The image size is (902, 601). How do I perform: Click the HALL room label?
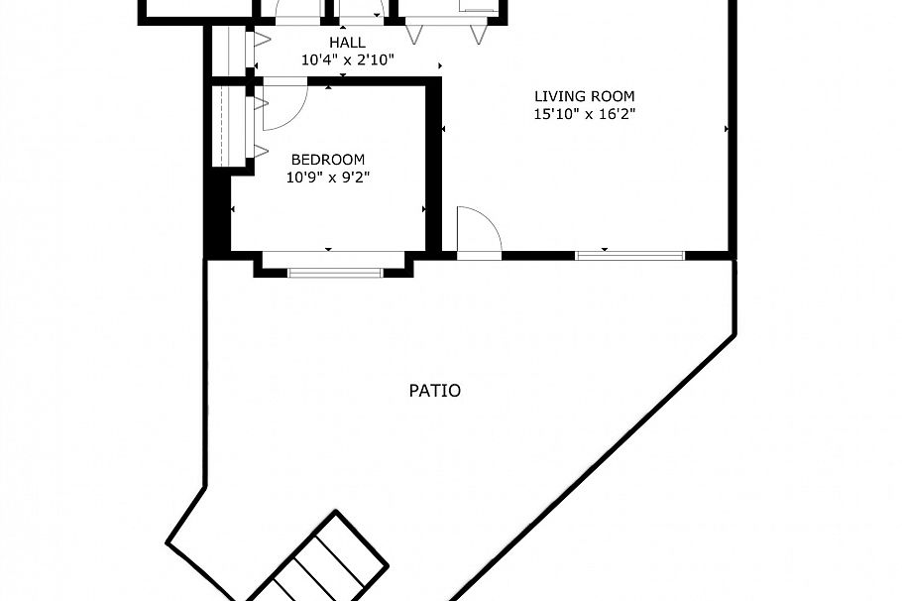coord(348,43)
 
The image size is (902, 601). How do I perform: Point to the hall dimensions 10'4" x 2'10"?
coord(348,60)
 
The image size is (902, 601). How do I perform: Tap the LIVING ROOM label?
coord(584,96)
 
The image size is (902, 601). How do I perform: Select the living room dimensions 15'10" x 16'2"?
coord(584,114)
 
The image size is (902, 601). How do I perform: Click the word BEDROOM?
coord(327,160)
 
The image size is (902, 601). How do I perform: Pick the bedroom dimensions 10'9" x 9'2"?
coord(327,178)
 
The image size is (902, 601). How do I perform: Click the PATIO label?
coord(434,391)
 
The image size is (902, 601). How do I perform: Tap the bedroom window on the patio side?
coord(334,271)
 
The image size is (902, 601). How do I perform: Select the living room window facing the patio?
coord(629,256)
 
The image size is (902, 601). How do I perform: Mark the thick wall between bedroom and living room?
coord(433,169)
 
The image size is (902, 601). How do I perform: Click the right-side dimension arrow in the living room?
coord(727,129)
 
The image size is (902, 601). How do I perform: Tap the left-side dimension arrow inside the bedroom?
coord(233,209)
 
